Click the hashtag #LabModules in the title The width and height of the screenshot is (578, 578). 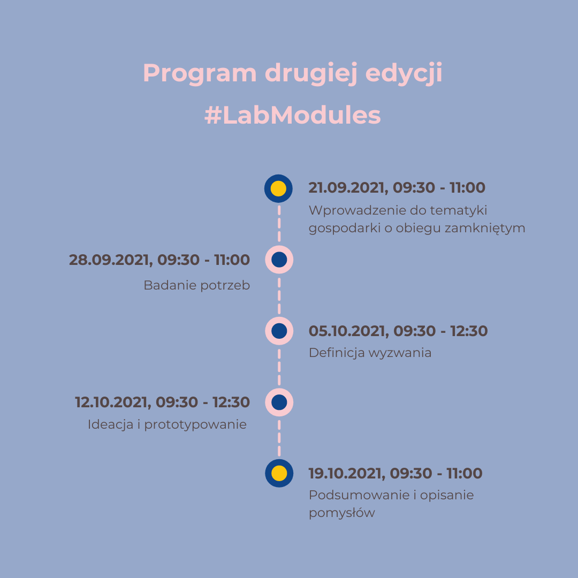pos(292,116)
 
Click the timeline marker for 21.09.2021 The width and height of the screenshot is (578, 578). pos(278,188)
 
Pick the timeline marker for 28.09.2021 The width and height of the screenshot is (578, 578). pos(279,260)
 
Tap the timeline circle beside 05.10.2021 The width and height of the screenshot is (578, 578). pos(279,331)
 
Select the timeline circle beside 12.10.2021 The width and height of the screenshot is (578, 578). pos(279,402)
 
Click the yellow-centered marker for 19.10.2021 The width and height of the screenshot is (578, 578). pos(279,473)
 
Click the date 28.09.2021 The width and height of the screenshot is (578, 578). pos(110,260)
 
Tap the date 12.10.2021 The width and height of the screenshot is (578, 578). pos(113,402)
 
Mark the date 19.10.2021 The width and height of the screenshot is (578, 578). pos(346,474)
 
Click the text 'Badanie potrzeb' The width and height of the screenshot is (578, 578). pos(197,285)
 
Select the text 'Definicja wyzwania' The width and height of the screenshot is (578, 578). pos(370,353)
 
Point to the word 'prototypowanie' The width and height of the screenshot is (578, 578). pos(195,424)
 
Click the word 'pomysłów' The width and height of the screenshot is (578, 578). pos(341,513)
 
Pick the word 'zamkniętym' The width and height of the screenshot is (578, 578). pos(485,228)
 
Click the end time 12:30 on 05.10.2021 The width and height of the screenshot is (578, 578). pos(469,331)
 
